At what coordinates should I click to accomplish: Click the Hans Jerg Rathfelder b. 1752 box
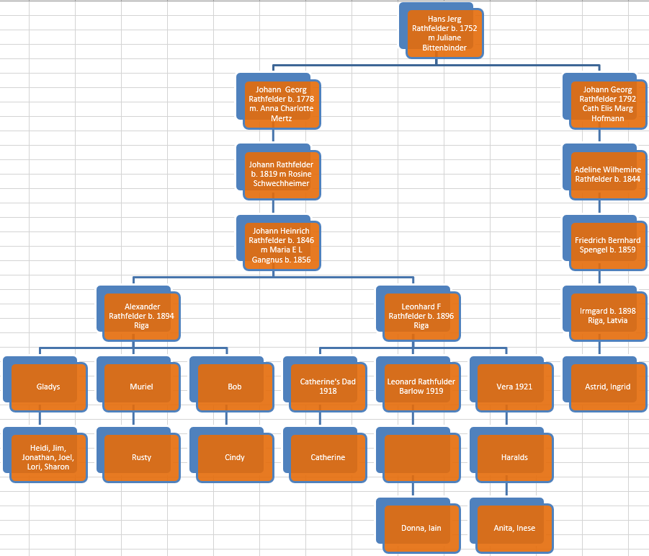coord(444,34)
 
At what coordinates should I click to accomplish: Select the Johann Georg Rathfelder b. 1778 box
coord(281,105)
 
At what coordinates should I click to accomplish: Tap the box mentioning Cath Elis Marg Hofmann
coord(607,105)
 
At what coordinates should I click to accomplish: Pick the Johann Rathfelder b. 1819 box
coord(281,175)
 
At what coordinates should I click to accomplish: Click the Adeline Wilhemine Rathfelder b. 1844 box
coord(607,175)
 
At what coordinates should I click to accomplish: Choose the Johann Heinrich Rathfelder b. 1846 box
coord(281,246)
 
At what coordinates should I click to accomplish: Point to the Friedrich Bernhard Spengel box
coord(607,245)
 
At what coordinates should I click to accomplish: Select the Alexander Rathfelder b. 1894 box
coord(141,316)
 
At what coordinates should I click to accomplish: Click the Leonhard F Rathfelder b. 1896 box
coord(421,316)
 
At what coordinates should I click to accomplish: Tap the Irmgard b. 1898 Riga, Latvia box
coord(607,316)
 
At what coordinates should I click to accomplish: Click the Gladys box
coord(48,387)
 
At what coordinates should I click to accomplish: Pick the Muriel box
coord(141,387)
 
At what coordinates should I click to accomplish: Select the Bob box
coord(235,387)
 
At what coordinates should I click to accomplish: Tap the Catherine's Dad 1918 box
coord(328,387)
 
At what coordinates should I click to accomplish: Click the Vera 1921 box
coord(514,387)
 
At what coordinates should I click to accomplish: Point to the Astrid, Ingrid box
coord(607,387)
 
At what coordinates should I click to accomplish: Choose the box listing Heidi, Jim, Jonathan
coord(48,458)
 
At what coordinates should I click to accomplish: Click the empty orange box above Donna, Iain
coord(421,458)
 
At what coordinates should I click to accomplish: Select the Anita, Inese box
coord(514,529)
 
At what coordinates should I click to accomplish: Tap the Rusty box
coord(141,458)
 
